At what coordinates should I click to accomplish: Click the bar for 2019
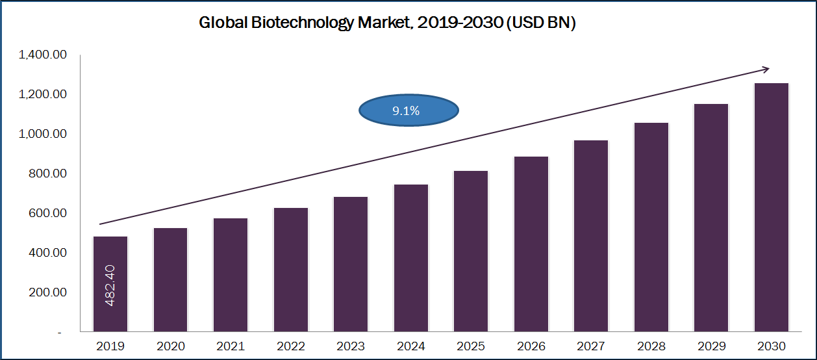110,284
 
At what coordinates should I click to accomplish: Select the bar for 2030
772,208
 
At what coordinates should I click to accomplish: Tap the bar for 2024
411,259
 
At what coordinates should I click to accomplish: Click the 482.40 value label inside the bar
110,285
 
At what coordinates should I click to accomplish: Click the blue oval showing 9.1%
408,110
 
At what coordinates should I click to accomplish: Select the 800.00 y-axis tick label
46,174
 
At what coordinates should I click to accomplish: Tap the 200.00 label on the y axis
46,292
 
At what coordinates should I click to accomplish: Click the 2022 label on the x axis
291,346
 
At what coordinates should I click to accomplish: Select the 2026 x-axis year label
531,346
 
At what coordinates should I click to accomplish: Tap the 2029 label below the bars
712,346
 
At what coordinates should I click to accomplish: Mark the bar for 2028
651,227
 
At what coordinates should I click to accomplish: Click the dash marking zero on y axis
60,333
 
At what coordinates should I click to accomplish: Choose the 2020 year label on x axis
171,346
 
